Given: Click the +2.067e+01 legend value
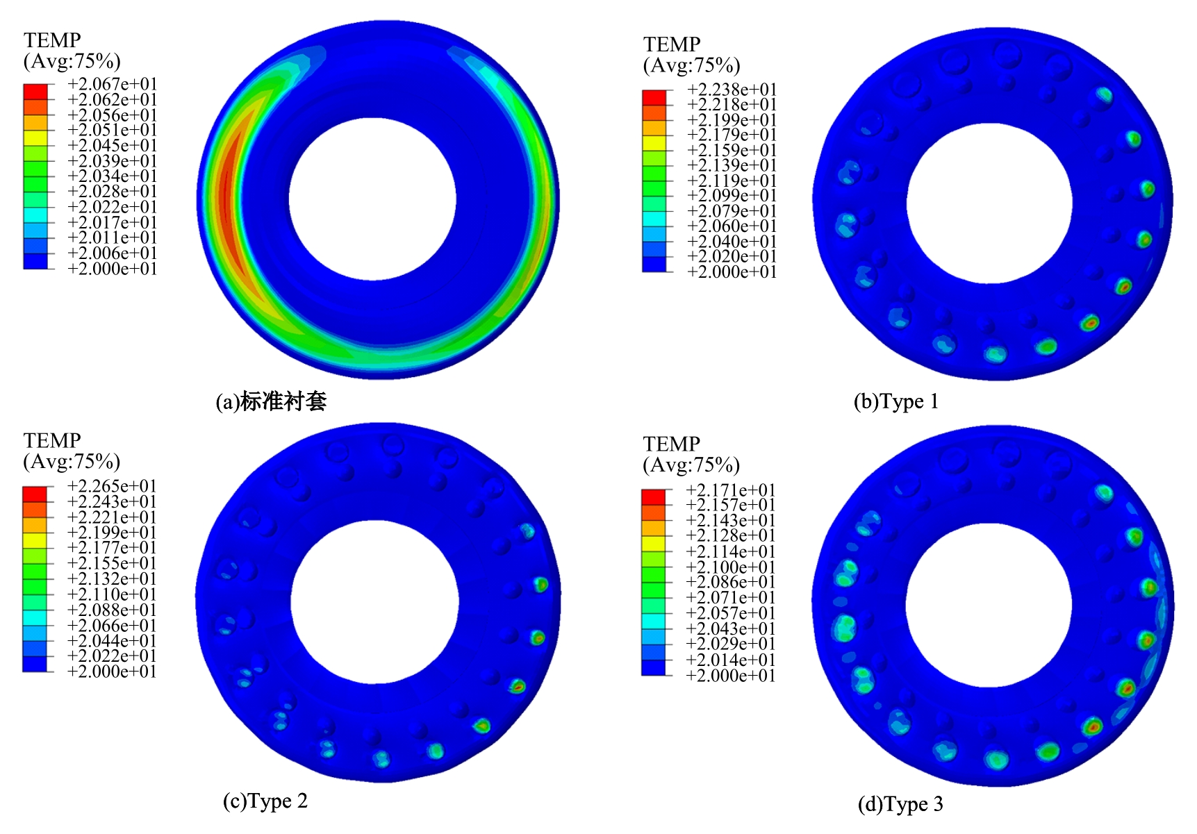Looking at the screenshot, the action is click(113, 84).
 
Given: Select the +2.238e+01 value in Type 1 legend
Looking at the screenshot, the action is click(732, 90).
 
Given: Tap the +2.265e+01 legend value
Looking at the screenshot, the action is click(112, 486).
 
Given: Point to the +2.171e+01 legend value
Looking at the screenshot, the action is click(730, 490).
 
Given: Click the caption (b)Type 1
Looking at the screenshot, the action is click(896, 401).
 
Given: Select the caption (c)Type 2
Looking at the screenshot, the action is click(265, 801).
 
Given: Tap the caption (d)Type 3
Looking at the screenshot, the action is click(900, 804).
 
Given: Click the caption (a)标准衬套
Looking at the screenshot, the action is click(271, 401).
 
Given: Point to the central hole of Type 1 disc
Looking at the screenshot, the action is click(989, 203).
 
